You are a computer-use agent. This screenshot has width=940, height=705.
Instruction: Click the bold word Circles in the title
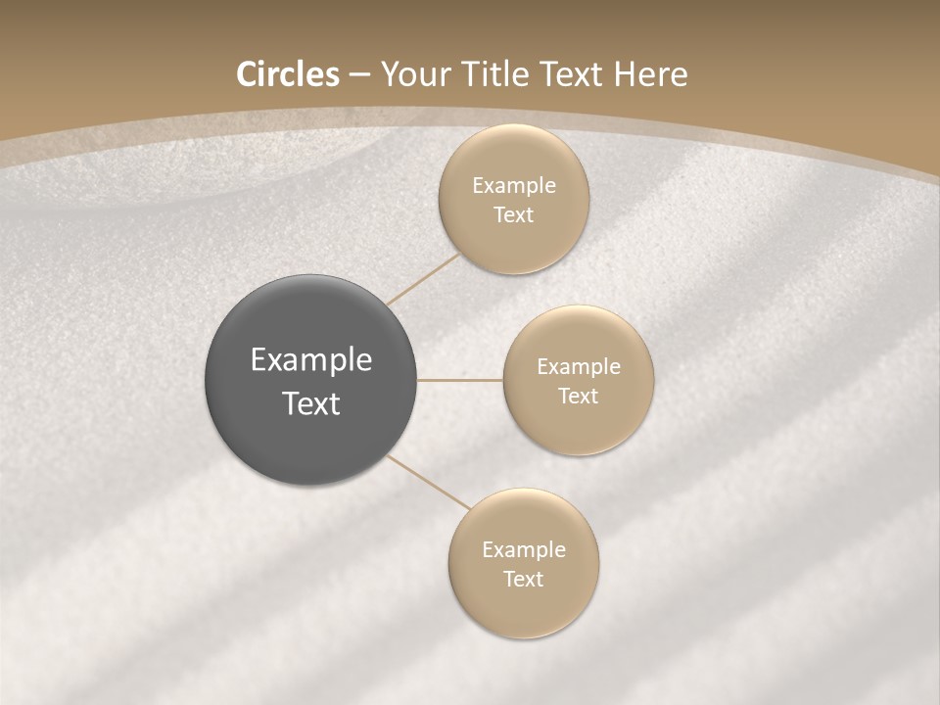point(288,74)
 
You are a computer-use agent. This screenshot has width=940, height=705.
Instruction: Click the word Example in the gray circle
point(311,360)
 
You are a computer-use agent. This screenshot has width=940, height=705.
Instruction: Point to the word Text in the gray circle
point(311,403)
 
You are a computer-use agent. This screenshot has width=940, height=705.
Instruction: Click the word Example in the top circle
point(514,186)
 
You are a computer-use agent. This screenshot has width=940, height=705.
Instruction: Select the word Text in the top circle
point(513,215)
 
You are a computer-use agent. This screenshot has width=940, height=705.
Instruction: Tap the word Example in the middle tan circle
point(579,367)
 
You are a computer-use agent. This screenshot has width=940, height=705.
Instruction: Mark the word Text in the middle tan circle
point(578,397)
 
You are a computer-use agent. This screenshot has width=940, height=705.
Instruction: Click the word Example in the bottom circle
point(524,550)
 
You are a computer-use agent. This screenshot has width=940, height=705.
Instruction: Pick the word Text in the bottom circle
point(523,580)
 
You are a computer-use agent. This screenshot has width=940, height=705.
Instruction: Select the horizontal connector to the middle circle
point(460,380)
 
